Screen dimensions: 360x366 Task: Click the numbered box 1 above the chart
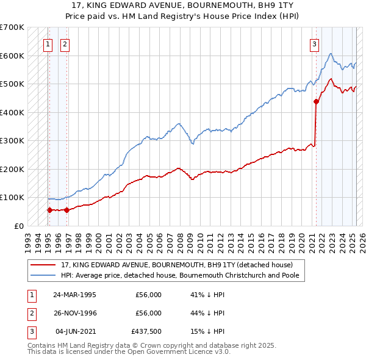tap(48, 43)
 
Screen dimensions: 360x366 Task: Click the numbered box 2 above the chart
tap(65, 43)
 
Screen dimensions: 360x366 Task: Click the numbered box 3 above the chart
tap(314, 43)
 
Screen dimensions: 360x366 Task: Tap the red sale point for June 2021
tap(316, 101)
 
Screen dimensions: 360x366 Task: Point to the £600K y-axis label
tap(12, 56)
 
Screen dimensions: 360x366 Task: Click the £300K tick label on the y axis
tap(12, 140)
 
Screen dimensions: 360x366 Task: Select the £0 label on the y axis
tap(19, 226)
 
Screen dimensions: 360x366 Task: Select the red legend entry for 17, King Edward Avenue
tap(177, 265)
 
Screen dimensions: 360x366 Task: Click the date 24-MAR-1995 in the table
tap(74, 295)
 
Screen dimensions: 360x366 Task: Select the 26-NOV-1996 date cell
tap(74, 313)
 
